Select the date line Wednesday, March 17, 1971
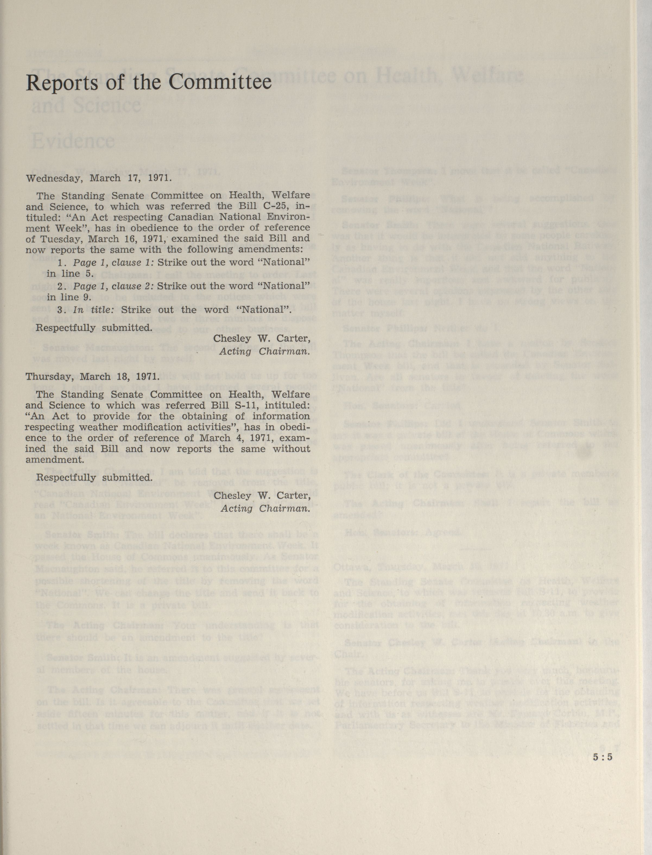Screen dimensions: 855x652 (x=99, y=178)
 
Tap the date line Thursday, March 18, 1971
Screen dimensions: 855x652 (x=92, y=377)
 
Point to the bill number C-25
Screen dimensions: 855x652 (x=277, y=206)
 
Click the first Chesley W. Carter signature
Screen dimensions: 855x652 (x=262, y=339)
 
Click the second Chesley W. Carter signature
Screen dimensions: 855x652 (x=262, y=496)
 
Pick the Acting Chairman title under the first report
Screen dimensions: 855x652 (x=265, y=352)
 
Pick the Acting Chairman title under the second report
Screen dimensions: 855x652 (x=265, y=508)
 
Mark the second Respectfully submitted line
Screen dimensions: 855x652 (x=94, y=477)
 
